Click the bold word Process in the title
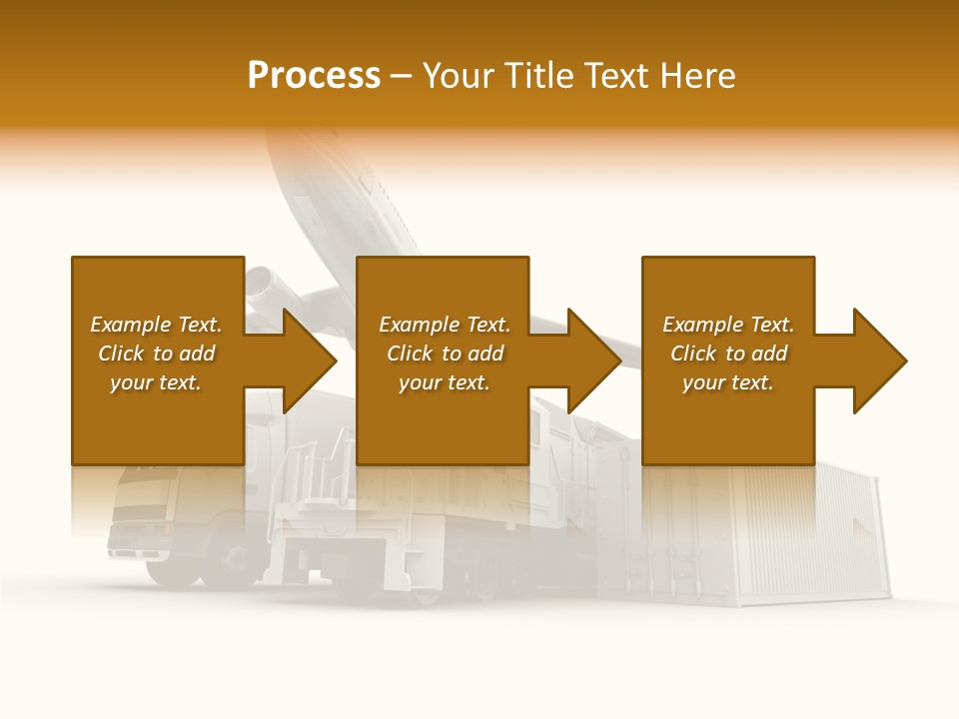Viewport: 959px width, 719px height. coord(314,76)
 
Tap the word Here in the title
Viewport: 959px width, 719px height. coord(698,76)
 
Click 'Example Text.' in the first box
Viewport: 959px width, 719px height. coord(156,325)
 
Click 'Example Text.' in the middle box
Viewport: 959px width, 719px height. coord(445,325)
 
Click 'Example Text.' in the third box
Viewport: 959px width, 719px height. coord(728,325)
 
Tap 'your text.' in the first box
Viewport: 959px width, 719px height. coord(156,382)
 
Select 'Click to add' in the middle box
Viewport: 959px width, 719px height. coord(445,354)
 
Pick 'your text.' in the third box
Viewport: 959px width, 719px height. coord(728,382)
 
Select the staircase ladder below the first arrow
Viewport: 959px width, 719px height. coord(315,479)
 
